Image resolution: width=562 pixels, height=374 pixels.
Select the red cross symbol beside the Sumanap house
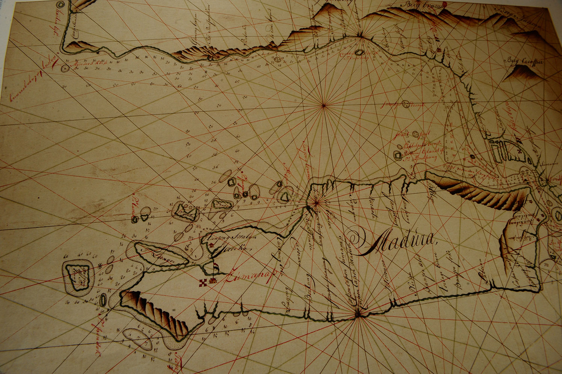(x=203, y=282)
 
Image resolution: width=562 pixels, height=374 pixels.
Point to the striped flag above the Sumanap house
(x=217, y=268)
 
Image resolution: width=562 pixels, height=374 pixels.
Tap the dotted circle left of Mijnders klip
(x=65, y=68)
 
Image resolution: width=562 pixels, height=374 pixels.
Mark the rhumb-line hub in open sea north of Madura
(x=323, y=106)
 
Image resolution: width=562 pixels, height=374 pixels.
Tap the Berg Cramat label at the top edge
(x=423, y=5)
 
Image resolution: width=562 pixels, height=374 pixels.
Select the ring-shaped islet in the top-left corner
(x=61, y=5)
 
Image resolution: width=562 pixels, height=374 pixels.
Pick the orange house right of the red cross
(x=212, y=280)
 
